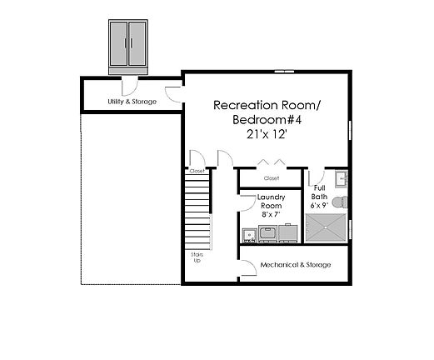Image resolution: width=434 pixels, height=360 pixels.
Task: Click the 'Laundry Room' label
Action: coord(272,201)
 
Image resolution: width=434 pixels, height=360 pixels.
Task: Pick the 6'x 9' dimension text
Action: coord(319,205)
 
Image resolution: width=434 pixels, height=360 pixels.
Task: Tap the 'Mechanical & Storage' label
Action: coord(296,265)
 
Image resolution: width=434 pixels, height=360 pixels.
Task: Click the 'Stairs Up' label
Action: coord(197,257)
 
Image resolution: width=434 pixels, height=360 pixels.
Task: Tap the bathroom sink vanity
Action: coord(340,179)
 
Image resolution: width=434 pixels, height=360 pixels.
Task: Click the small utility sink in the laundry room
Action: coord(249,234)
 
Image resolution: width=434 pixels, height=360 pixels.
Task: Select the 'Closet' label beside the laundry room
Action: coord(272,178)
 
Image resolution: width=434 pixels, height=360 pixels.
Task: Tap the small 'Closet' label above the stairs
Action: coord(197,171)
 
